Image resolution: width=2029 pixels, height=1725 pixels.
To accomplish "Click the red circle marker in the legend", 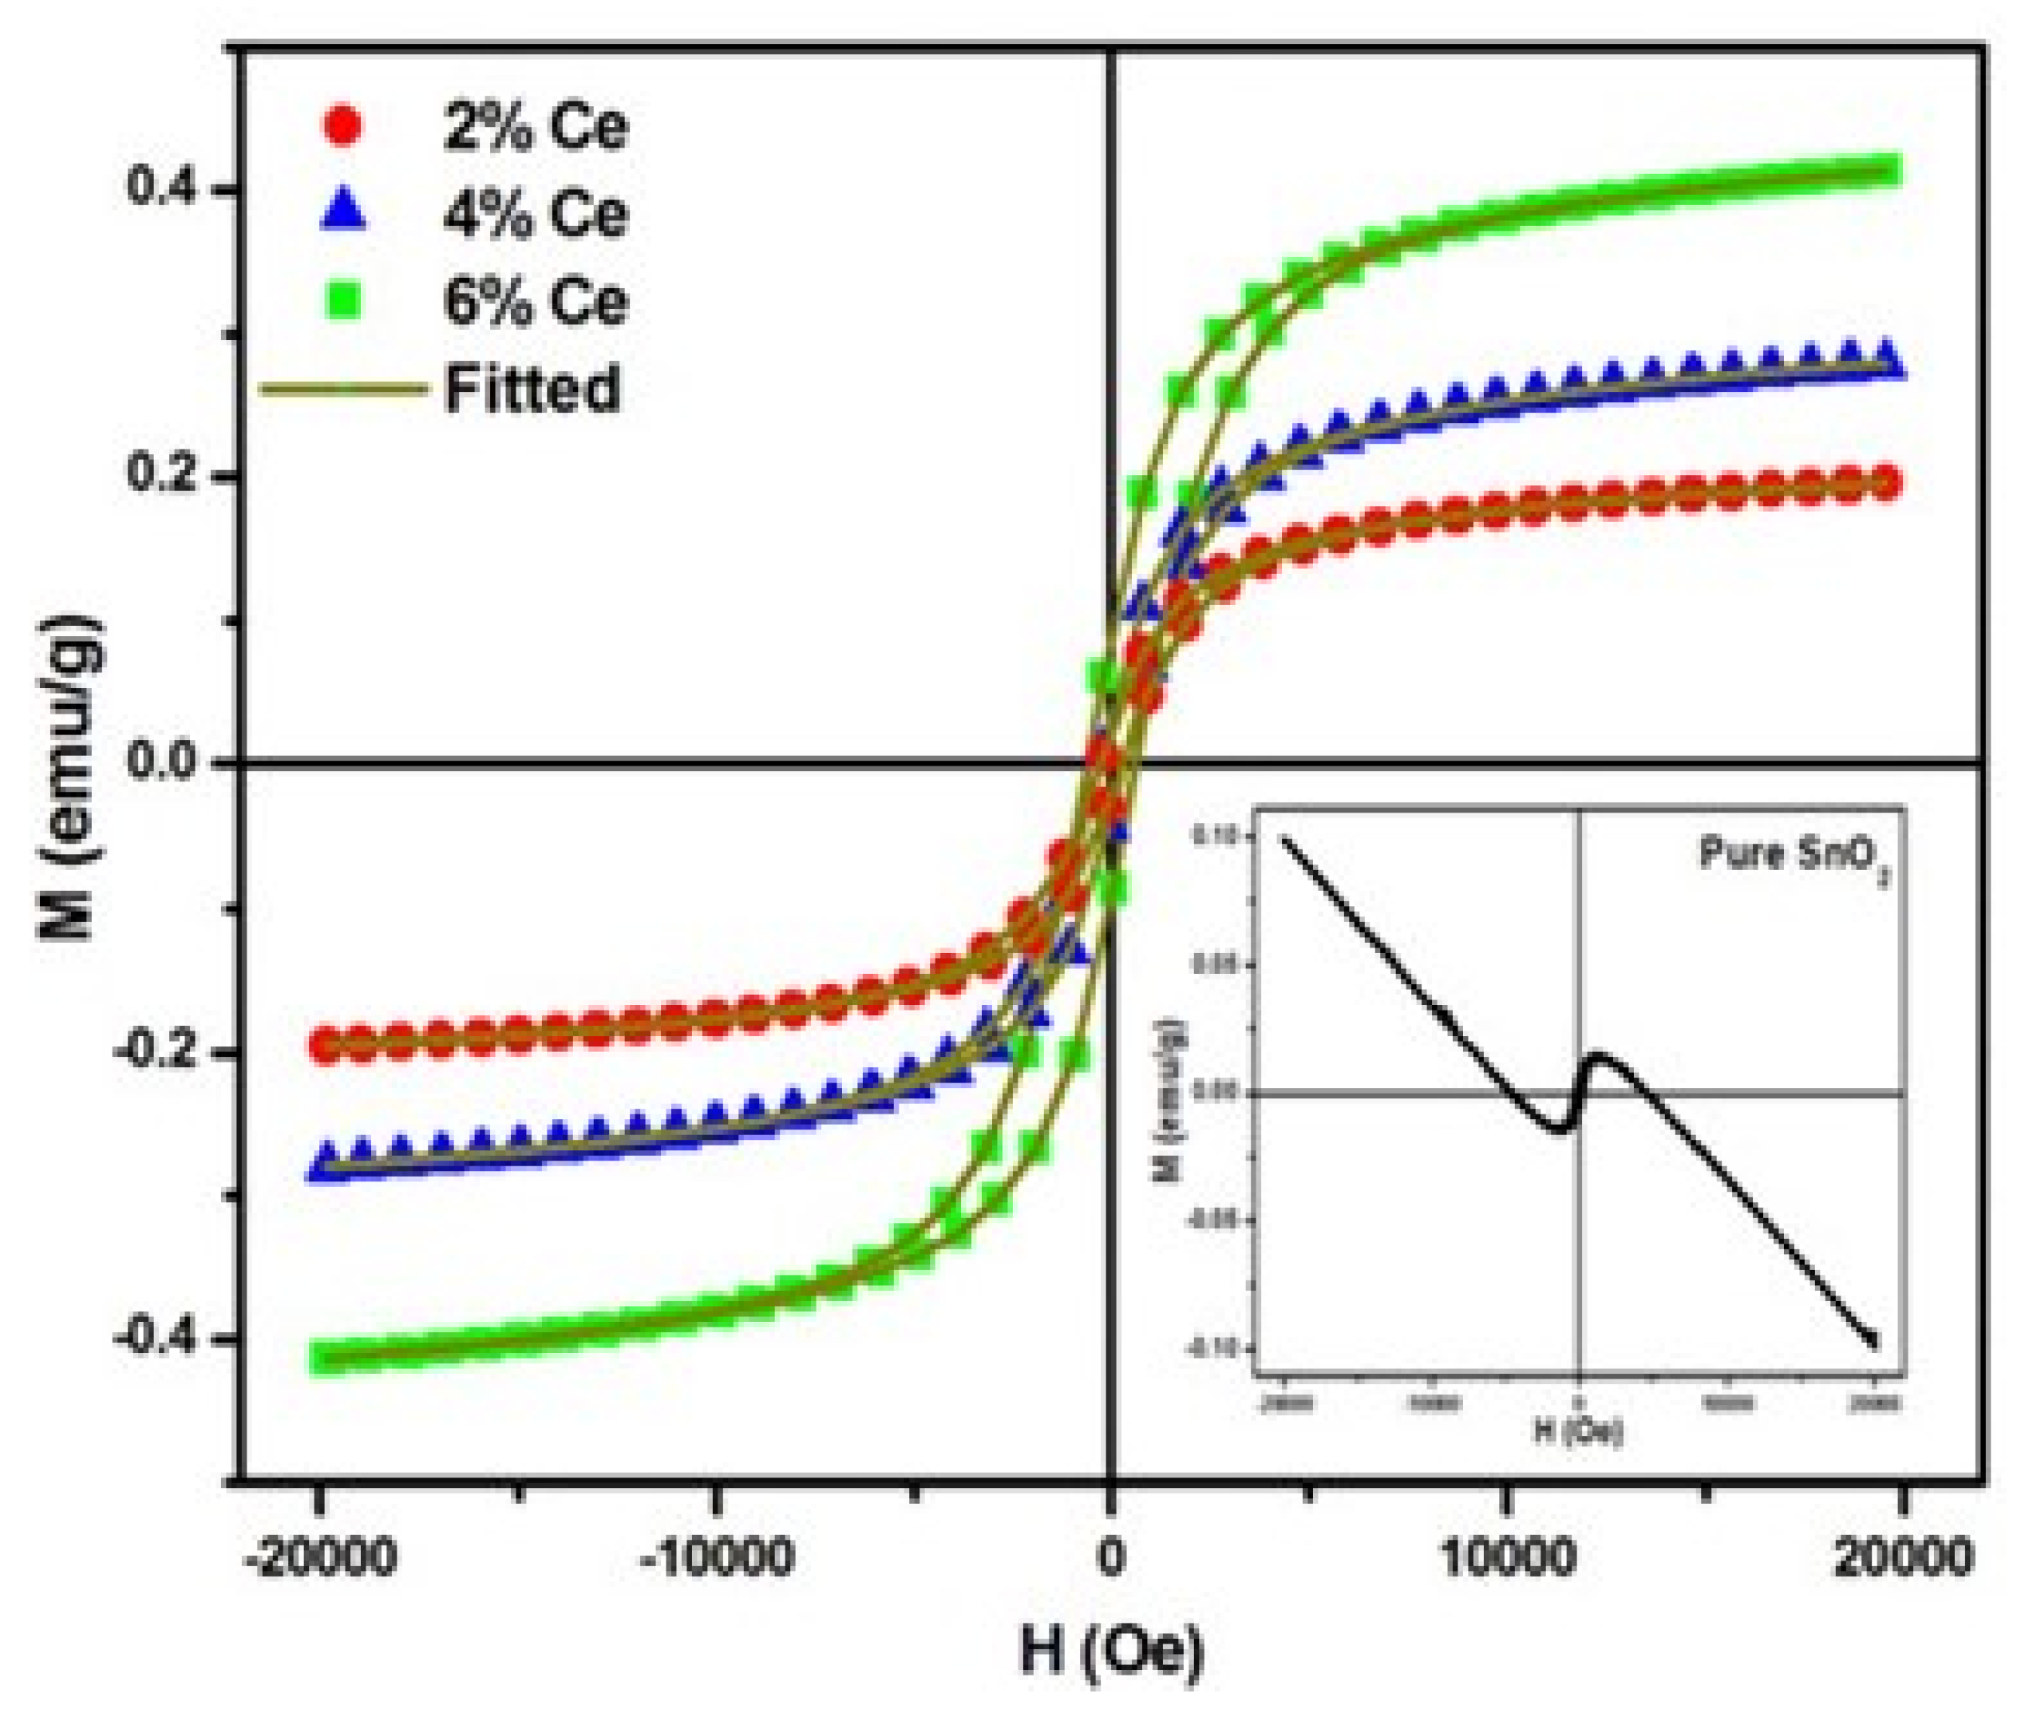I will click(x=342, y=125).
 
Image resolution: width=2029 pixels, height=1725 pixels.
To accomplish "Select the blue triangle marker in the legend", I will click(x=343, y=212).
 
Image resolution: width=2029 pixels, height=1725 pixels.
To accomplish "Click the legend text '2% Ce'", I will click(x=534, y=127).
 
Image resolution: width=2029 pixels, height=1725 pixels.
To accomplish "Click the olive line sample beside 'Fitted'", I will click(x=343, y=388).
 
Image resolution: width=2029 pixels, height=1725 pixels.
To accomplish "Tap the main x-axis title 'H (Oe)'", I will click(x=1112, y=1652).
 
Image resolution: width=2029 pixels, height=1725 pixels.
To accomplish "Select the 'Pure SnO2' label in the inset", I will click(x=1794, y=856).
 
